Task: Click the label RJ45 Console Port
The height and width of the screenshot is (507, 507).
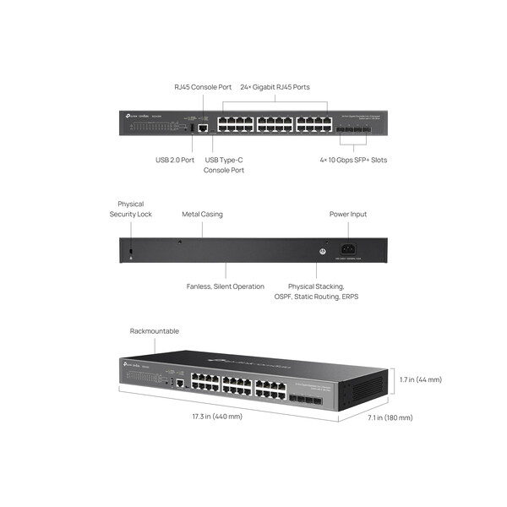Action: coord(203,87)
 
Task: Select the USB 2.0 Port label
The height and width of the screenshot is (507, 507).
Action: coord(175,160)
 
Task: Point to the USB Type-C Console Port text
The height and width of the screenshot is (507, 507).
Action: coord(224,165)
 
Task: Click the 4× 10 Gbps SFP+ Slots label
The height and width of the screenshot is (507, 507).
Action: coord(353,160)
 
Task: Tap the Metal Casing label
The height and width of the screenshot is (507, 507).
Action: coord(203,214)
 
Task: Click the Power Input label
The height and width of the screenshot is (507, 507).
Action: coord(348,214)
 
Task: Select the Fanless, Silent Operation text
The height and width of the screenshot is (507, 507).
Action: coord(226,286)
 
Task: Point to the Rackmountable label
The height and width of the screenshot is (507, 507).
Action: coord(155,331)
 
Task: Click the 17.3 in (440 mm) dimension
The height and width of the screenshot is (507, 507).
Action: coord(217,417)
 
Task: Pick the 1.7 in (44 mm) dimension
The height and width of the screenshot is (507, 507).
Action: coord(421,379)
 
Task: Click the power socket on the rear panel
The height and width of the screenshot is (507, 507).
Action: coord(346,248)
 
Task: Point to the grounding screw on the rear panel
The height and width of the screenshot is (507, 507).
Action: coord(321,249)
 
